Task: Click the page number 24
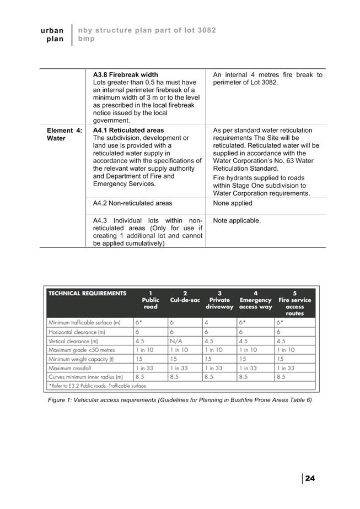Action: click(310, 478)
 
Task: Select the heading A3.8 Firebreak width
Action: click(125, 74)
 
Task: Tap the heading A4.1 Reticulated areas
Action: click(128, 130)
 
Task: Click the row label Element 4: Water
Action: click(64, 134)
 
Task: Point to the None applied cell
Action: click(232, 203)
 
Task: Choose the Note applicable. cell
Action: click(237, 220)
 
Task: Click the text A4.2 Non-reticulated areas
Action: click(132, 203)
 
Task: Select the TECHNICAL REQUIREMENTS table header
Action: click(87, 294)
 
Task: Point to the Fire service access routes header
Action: click(294, 303)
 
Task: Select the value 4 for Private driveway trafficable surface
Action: click(206, 323)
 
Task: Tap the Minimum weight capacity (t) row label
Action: click(81, 359)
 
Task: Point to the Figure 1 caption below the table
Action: click(180, 400)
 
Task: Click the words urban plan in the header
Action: click(52, 35)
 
